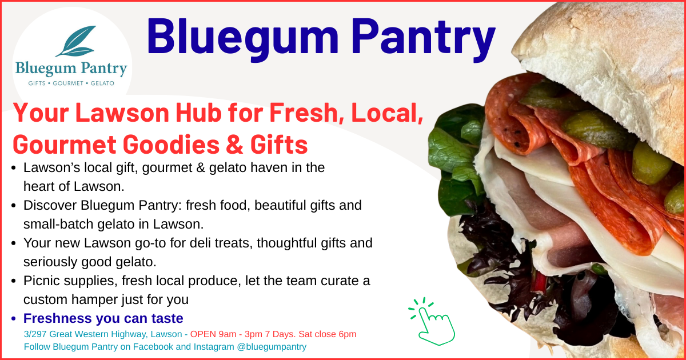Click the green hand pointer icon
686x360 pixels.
(433, 323)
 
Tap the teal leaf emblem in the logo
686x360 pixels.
(75, 41)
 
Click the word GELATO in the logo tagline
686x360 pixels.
(102, 83)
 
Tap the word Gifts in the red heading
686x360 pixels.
(279, 145)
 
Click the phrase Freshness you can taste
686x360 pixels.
(103, 318)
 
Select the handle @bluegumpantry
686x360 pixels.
(272, 347)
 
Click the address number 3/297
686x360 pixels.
(35, 334)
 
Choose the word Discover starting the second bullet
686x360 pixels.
(50, 205)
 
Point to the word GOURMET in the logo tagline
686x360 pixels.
(68, 83)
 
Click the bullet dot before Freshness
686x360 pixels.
(14, 319)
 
